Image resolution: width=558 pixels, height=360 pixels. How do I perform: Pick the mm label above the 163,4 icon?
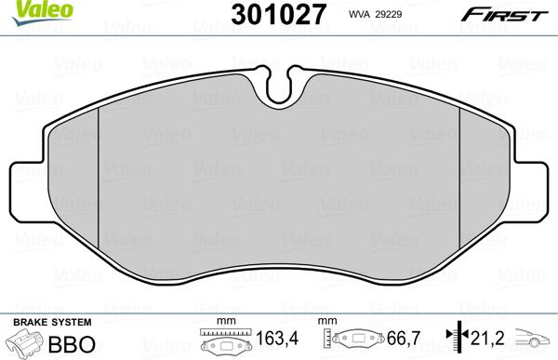[x=222, y=322]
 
